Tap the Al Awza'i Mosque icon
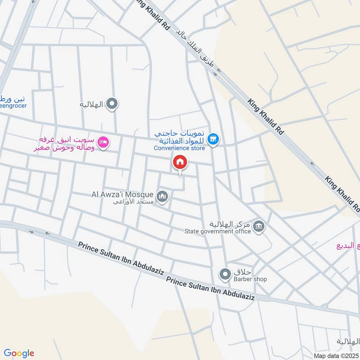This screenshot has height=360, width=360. pyautogui.click(x=162, y=196)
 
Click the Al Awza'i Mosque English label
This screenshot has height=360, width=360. pyautogui.click(x=123, y=194)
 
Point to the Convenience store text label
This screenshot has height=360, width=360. pyautogui.click(x=179, y=148)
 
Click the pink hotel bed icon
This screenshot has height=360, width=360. pyautogui.click(x=103, y=143)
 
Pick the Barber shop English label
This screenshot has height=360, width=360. pyautogui.click(x=250, y=279)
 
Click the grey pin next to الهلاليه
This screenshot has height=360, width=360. pyautogui.click(x=114, y=104)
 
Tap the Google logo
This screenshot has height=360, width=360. pyautogui.click(x=19, y=353)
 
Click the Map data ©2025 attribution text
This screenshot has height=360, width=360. pyautogui.click(x=337, y=356)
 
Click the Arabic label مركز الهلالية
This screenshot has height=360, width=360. pyautogui.click(x=229, y=224)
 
